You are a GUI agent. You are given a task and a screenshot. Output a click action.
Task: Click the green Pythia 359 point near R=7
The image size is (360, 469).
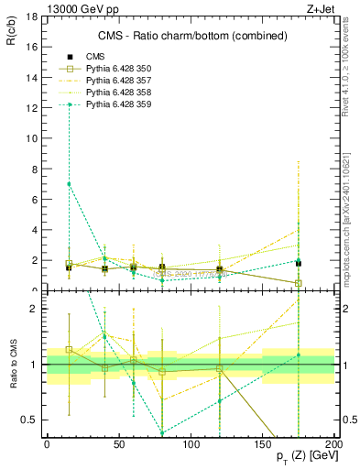(69, 184)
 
